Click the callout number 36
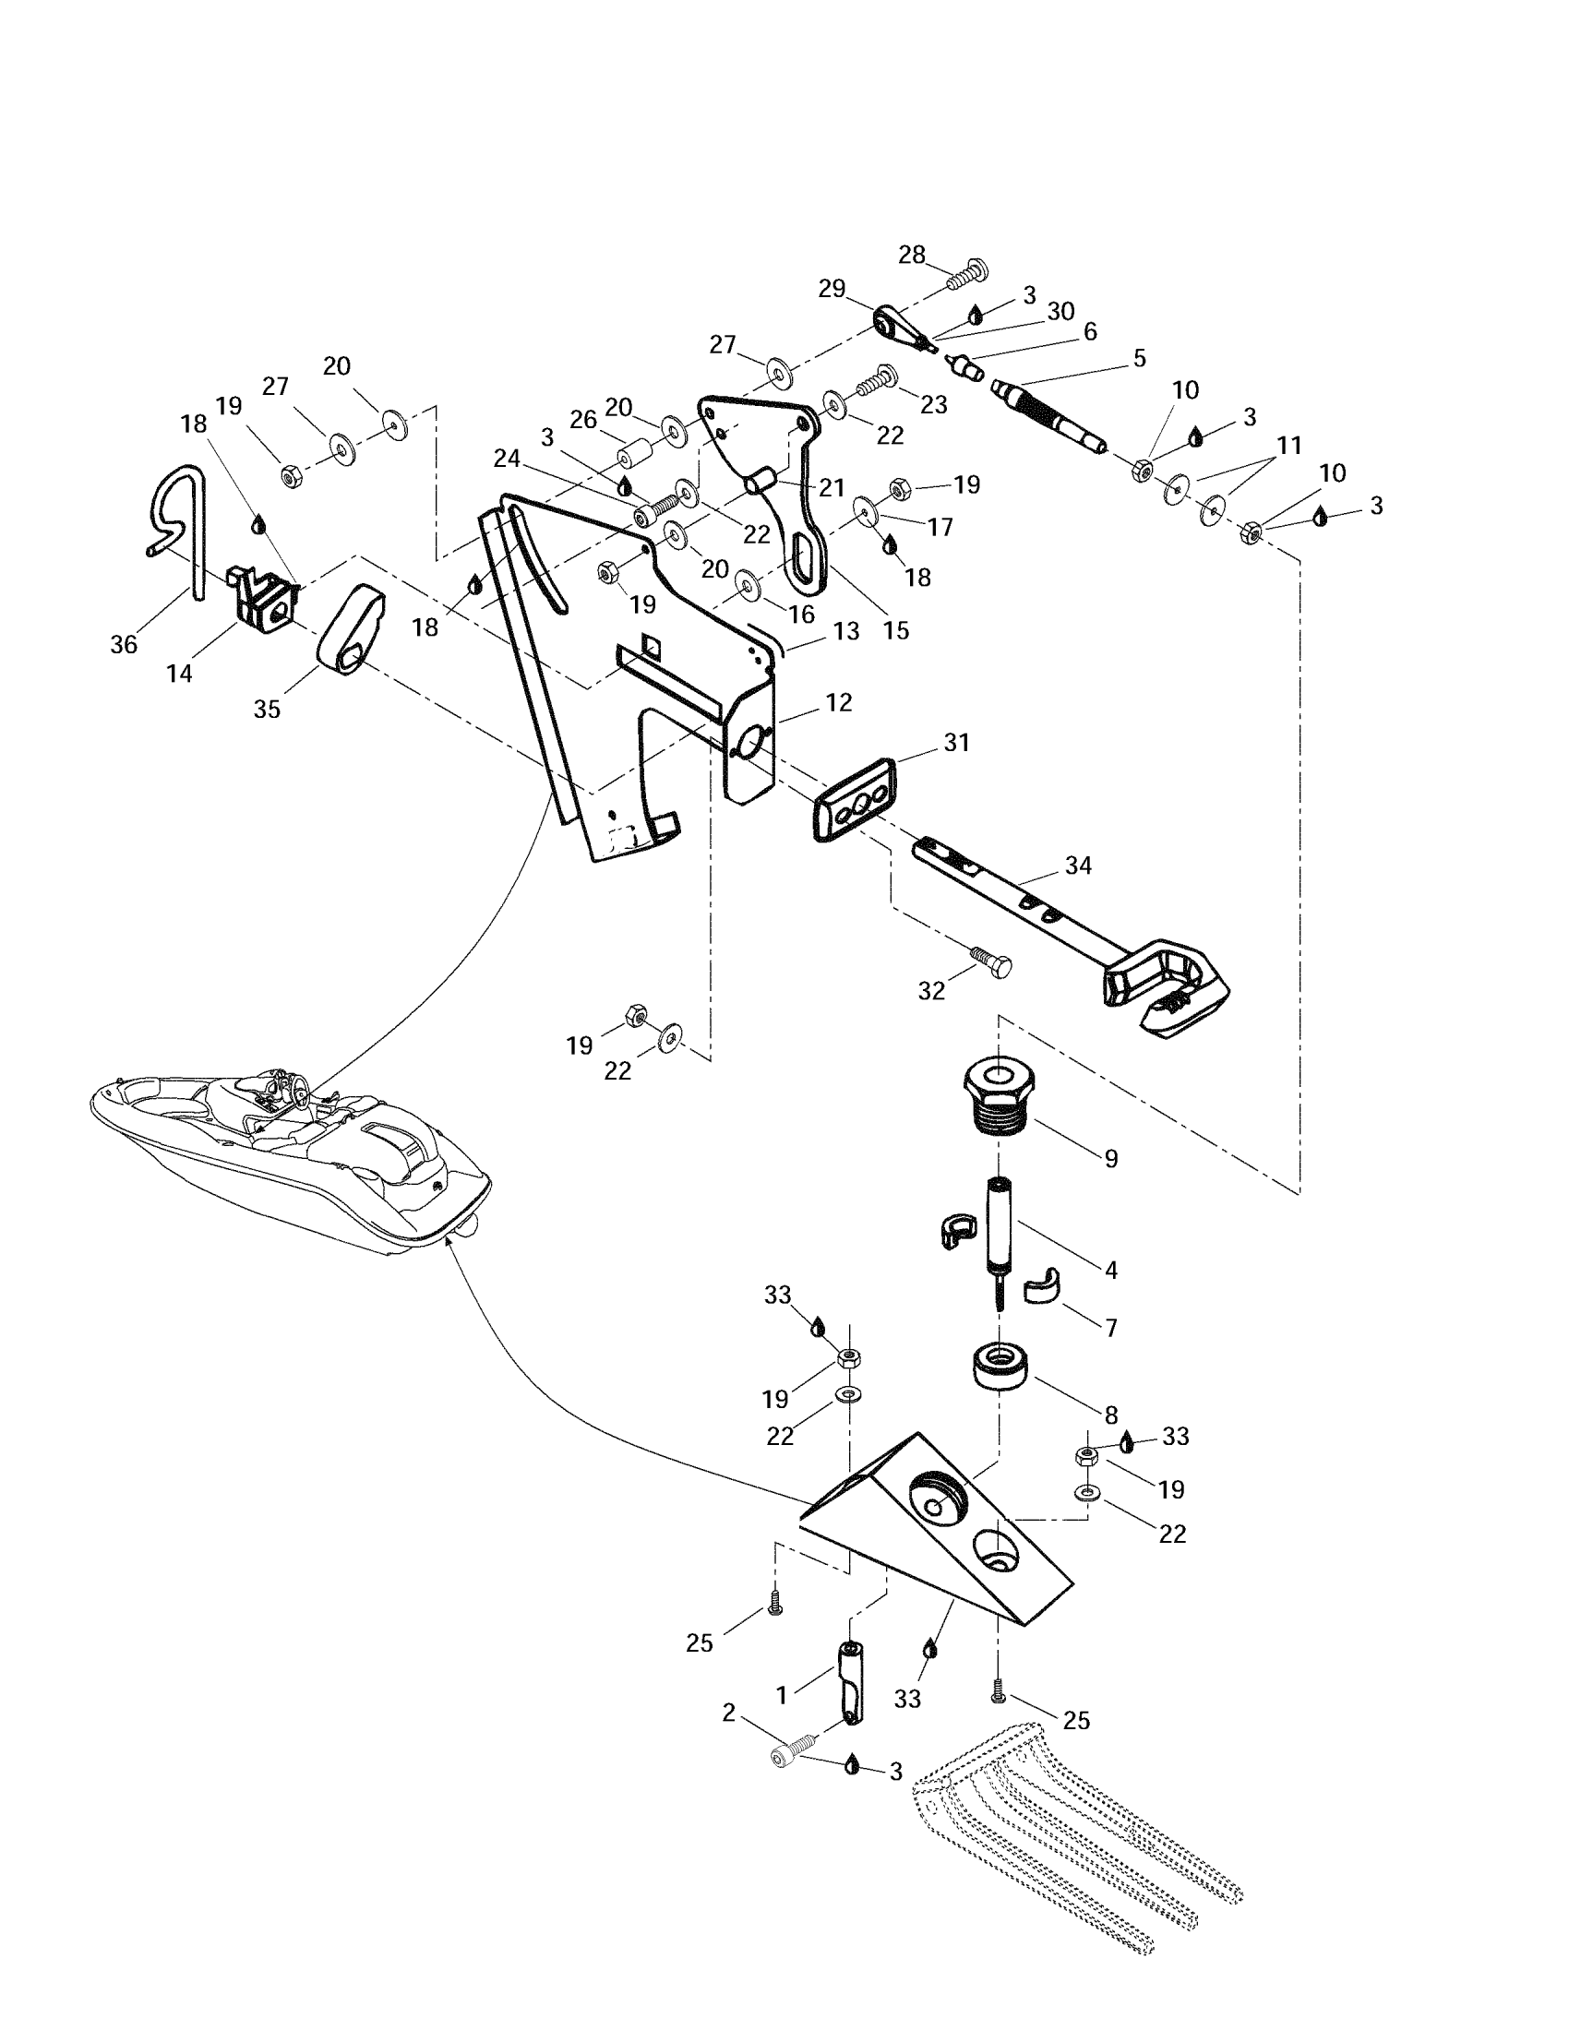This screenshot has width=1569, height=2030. (x=124, y=644)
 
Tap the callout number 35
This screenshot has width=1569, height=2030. (x=267, y=709)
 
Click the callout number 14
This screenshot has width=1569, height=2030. (x=179, y=673)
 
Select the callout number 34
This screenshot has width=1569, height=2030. (x=1078, y=866)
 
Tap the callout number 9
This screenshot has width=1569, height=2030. (x=1110, y=1158)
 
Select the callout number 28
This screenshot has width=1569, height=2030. (x=912, y=255)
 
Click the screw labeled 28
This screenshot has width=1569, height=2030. (x=966, y=274)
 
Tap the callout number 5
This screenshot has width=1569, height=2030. (x=1140, y=358)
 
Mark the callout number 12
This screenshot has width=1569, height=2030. (x=838, y=703)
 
